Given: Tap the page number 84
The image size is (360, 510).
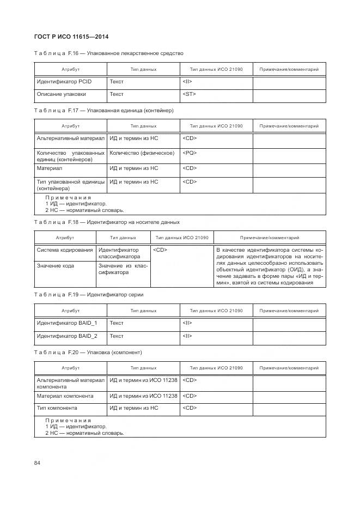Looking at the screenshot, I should click(x=38, y=463).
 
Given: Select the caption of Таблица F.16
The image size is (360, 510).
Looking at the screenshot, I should click(x=108, y=53).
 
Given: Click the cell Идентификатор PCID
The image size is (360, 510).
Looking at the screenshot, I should click(x=64, y=82).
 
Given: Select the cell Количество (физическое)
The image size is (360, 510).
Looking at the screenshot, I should click(x=142, y=153).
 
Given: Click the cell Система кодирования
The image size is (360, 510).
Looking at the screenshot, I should click(x=65, y=250).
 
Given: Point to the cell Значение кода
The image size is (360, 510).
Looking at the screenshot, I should click(x=56, y=265).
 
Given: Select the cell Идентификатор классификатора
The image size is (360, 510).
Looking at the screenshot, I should click(x=119, y=253).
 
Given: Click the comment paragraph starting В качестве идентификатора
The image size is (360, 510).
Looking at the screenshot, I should click(x=270, y=267).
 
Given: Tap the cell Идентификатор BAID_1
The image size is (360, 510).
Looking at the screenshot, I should click(x=67, y=323).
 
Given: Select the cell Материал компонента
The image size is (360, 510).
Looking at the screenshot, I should click(x=65, y=396).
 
